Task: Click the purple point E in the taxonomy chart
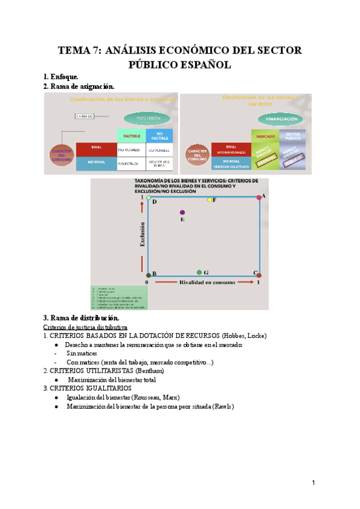182,212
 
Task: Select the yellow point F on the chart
209,200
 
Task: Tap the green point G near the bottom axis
199,273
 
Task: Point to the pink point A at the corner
259,197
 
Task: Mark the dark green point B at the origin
149,275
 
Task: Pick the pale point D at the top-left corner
149,197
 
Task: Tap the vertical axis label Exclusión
142,235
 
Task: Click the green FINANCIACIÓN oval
278,119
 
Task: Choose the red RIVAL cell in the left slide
96,148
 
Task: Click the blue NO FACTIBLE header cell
159,136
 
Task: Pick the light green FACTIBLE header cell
132,136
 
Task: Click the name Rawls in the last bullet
223,406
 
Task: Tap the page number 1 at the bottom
313,483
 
